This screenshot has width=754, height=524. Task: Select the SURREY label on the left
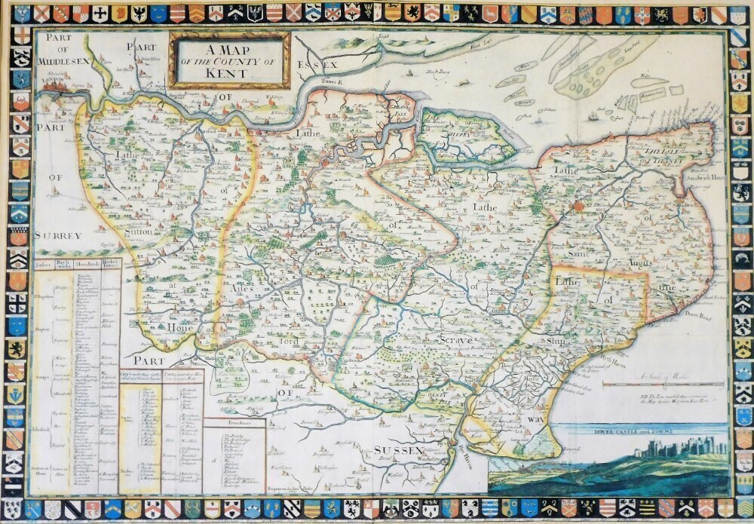tap(57, 236)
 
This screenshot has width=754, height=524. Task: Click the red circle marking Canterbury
tap(579, 205)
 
